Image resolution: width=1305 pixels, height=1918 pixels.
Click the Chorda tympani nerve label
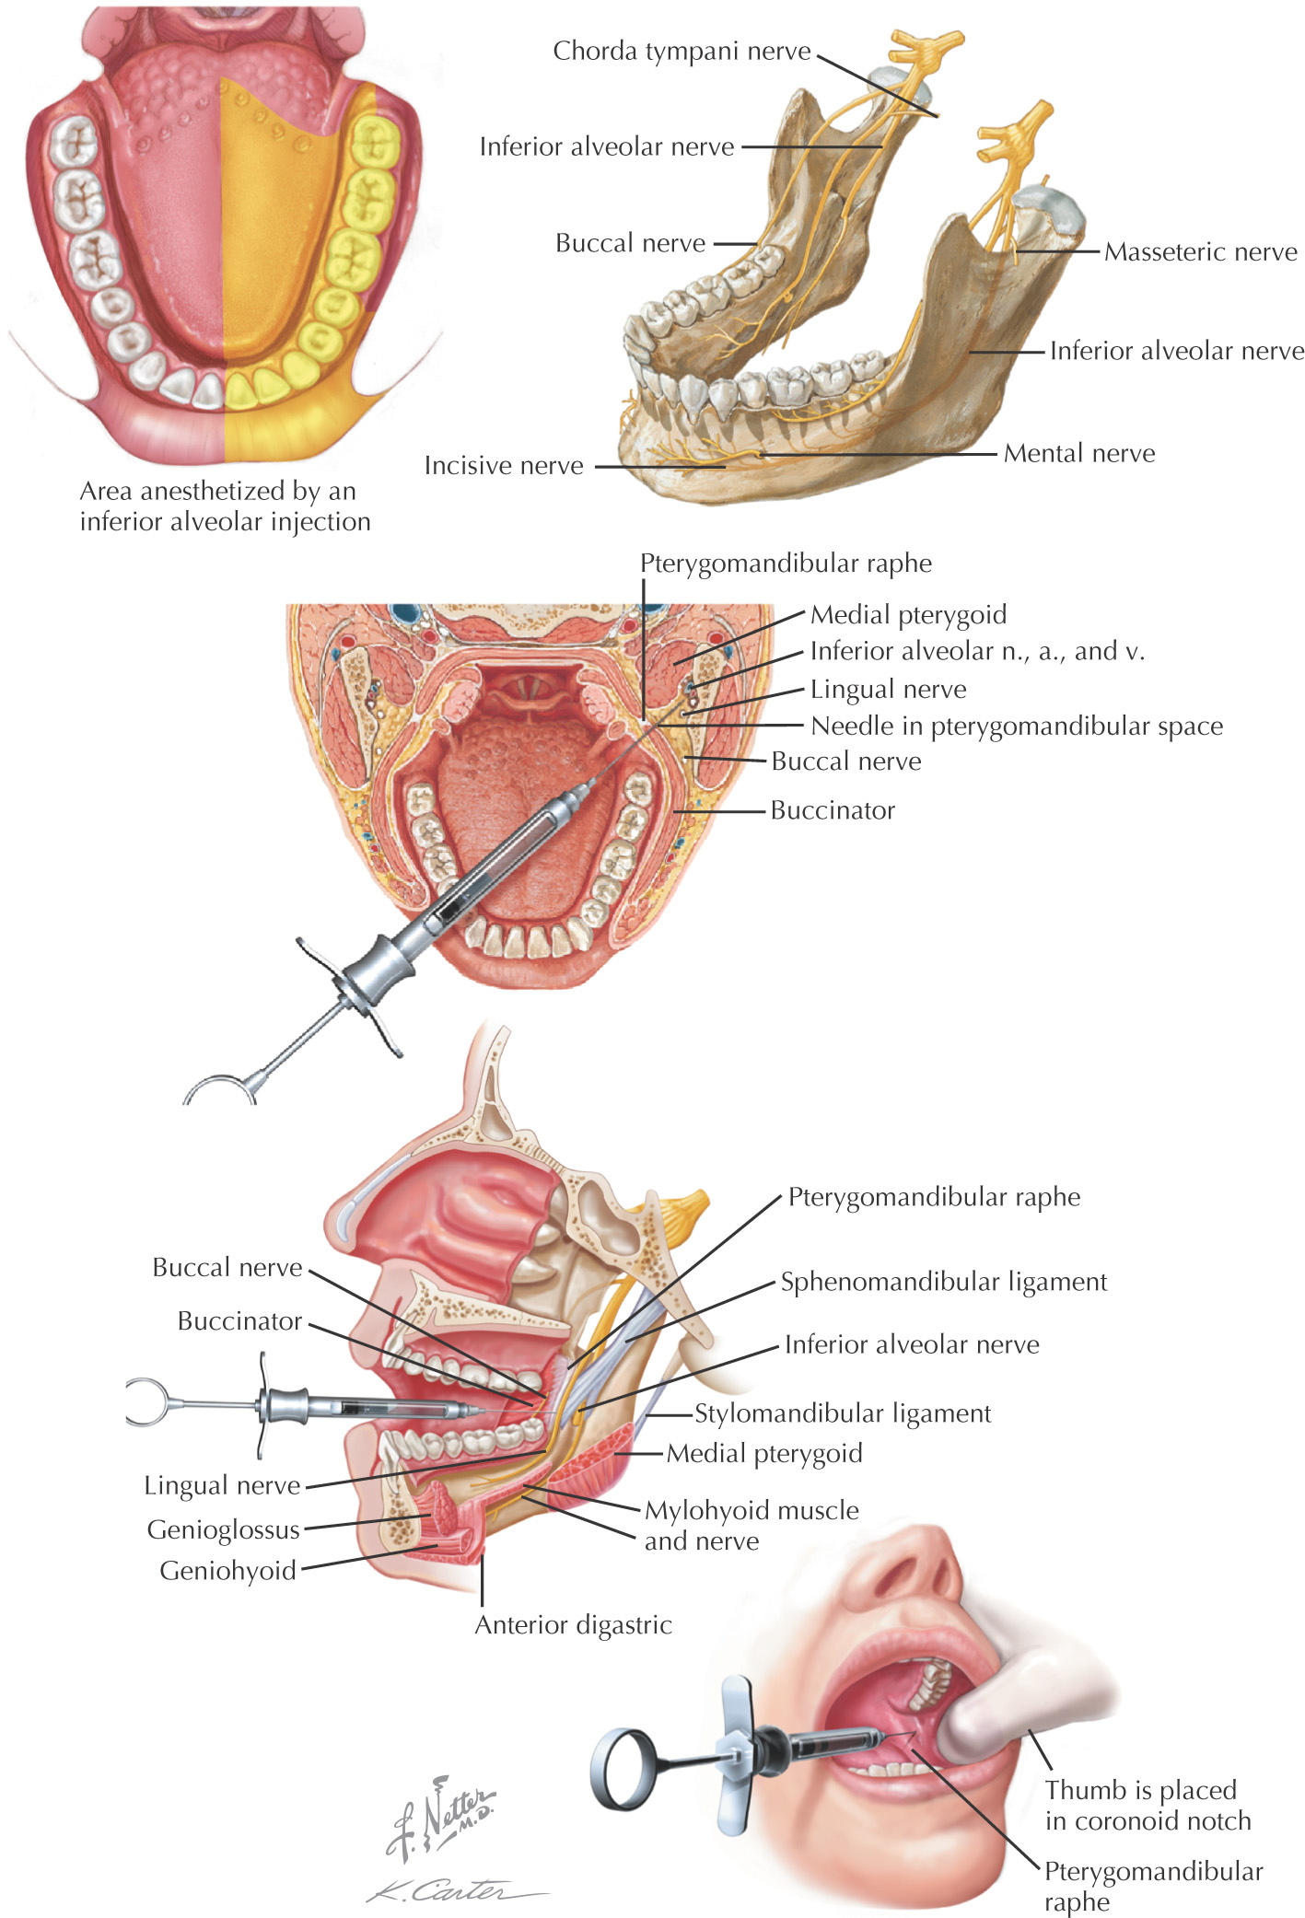coord(682,51)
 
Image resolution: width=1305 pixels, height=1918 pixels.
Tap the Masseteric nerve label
coord(1201,251)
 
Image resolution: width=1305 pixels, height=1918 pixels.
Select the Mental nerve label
coord(1079,453)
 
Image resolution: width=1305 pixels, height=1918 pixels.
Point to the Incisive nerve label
coord(504,466)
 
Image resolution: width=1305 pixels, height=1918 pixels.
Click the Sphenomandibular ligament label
coord(944,1282)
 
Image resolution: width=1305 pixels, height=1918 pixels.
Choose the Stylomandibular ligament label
coord(843,1413)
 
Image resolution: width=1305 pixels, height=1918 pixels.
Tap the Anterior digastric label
coord(573,1624)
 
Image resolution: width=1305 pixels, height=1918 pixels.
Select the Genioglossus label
coord(224,1530)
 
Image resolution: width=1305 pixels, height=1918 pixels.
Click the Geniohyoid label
coord(228,1570)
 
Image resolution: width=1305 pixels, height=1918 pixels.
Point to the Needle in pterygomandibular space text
coord(1017,727)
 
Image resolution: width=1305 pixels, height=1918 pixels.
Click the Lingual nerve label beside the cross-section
coord(888,689)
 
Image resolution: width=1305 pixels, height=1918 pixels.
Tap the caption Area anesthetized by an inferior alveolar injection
coord(225,506)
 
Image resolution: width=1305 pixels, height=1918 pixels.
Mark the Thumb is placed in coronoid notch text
coord(1148,1805)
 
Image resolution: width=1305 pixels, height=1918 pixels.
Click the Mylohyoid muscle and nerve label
coord(752,1525)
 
